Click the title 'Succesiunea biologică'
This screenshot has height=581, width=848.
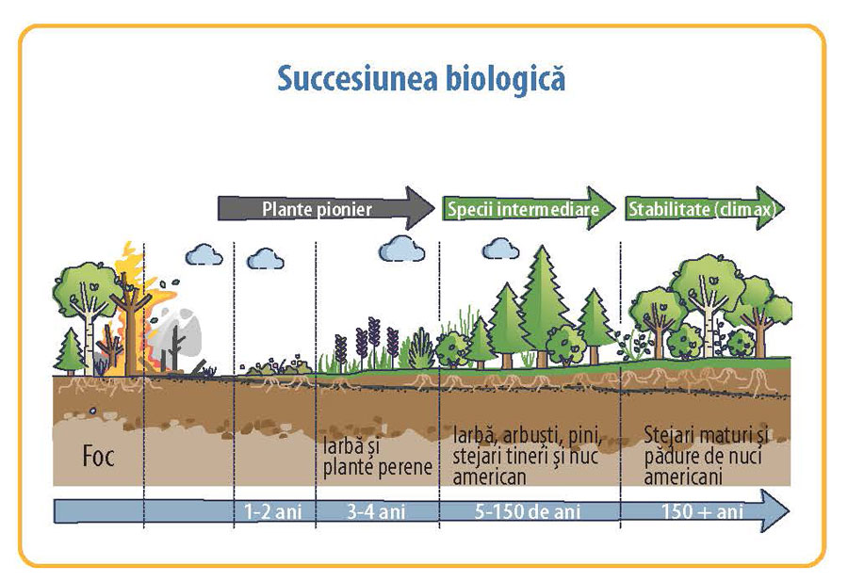point(421,77)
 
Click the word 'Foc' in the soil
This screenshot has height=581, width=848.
point(96,460)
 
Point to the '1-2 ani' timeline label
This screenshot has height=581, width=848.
point(273,512)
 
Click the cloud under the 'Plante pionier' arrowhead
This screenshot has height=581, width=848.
point(402,248)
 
